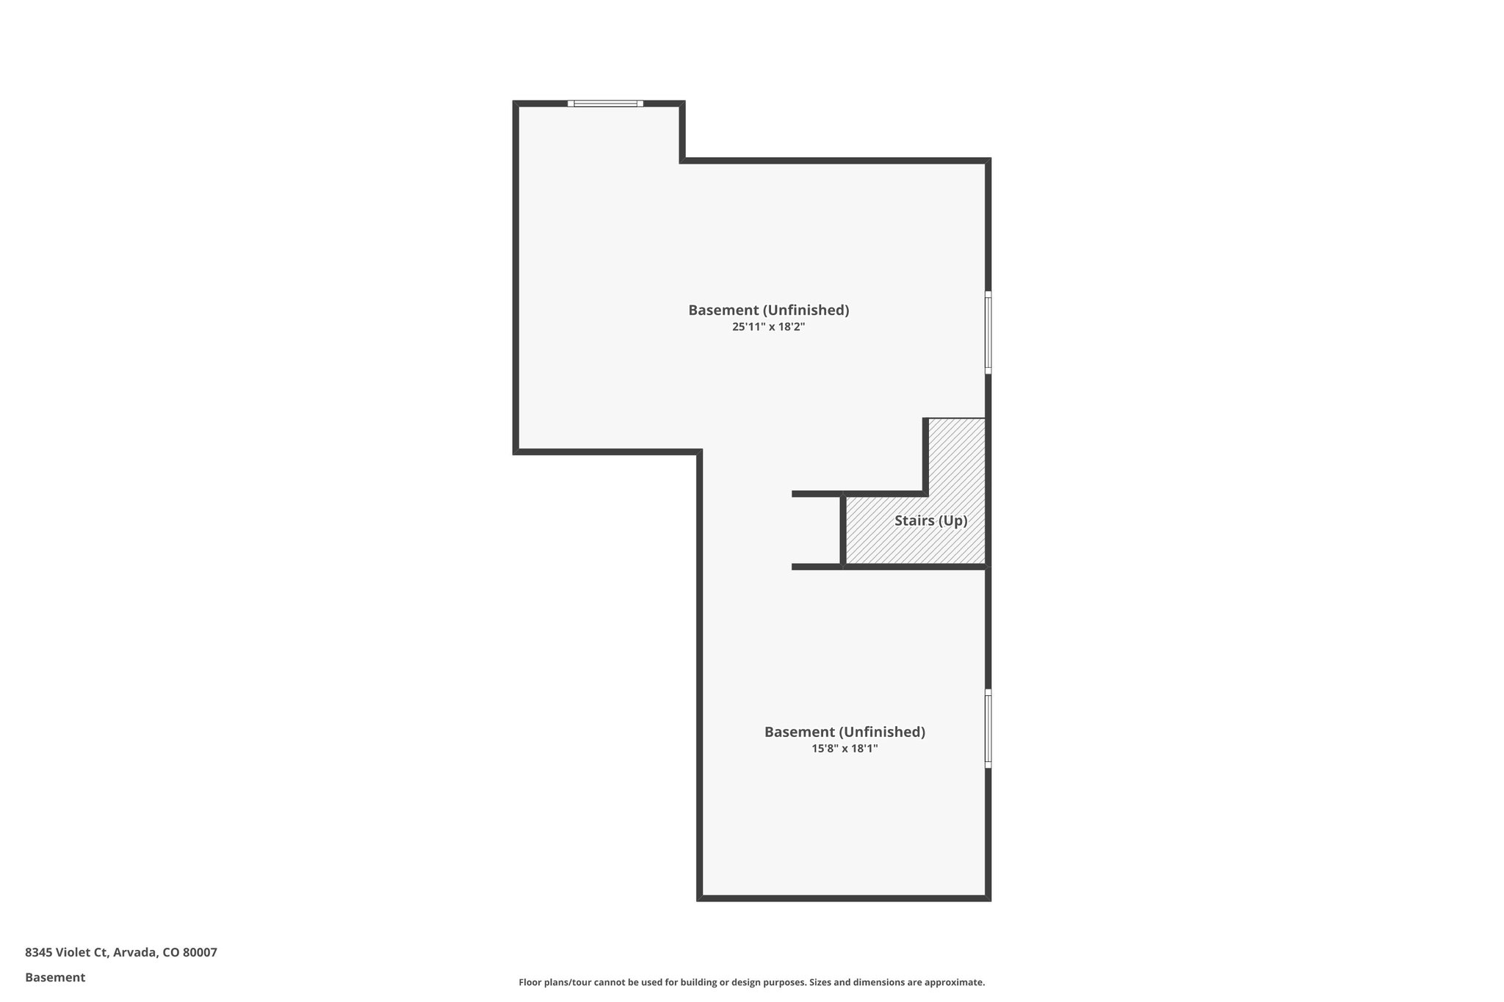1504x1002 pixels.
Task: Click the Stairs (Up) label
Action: click(930, 520)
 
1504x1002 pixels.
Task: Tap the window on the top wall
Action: click(605, 104)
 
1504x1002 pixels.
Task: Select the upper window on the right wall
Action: click(988, 333)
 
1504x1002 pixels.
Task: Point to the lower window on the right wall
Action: click(988, 729)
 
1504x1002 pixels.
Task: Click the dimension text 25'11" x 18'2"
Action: click(768, 327)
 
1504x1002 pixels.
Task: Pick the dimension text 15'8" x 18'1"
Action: click(845, 749)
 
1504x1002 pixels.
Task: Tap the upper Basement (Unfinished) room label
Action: click(768, 310)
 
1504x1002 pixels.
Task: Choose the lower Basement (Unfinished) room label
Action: click(845, 732)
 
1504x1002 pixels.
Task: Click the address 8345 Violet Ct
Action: click(66, 952)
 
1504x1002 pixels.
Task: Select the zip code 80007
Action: click(200, 952)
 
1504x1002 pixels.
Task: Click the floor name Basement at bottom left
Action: click(55, 977)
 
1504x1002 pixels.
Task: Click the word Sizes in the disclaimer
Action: click(821, 982)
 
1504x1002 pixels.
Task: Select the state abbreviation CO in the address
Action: click(171, 952)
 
